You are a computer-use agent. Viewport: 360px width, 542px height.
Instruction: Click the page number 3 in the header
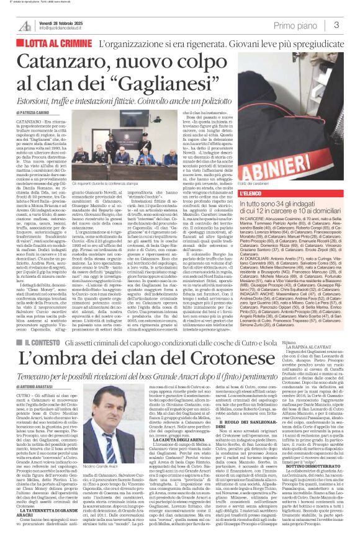(x=353, y=25)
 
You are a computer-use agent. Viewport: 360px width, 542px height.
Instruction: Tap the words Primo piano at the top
(x=310, y=25)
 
